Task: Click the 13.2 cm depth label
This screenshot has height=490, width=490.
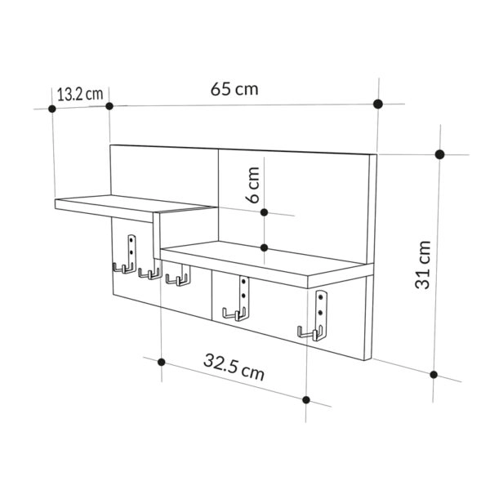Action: [x=79, y=93]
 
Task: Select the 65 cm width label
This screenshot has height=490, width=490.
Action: [x=234, y=89]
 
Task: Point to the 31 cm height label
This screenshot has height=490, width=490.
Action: [x=422, y=264]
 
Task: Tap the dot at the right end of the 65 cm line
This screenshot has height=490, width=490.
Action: [x=377, y=104]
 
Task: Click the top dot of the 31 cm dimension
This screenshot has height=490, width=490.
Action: [x=439, y=154]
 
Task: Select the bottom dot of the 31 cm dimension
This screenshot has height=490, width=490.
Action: [x=434, y=375]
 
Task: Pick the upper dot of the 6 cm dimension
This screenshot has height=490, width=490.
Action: [x=264, y=212]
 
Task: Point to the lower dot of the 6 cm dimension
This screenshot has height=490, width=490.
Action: [x=264, y=247]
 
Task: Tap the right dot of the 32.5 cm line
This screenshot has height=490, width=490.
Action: [x=306, y=399]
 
